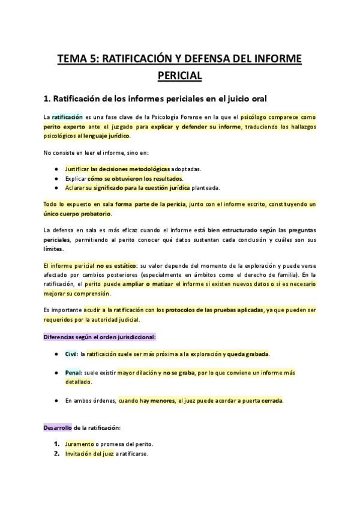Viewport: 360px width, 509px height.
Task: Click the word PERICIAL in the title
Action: [x=179, y=76]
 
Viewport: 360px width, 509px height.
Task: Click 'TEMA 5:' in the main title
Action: [x=76, y=58]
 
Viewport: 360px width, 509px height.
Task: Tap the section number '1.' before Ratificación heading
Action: [x=48, y=98]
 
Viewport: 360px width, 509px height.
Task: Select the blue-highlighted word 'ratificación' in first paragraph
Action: [x=67, y=117]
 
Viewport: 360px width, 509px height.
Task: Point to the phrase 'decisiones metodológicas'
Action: [x=134, y=169]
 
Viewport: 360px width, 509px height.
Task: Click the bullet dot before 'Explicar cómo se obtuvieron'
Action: [x=56, y=178]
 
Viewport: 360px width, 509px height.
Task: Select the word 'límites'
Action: [x=53, y=249]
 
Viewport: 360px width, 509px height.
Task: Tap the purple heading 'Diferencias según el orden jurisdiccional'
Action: [x=100, y=338]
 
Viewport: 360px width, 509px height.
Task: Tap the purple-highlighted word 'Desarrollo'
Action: [x=58, y=428]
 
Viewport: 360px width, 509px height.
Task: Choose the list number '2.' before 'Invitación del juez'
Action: [x=56, y=454]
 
